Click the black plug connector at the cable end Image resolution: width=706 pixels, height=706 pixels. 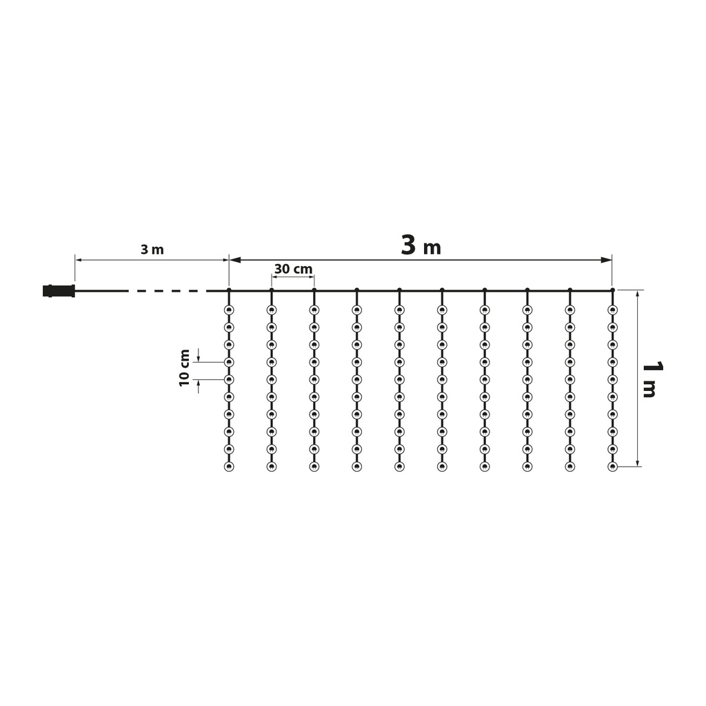click(x=59, y=291)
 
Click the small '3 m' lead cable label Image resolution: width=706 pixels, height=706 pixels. click(x=152, y=250)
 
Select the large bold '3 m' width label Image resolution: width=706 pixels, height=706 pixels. click(x=421, y=245)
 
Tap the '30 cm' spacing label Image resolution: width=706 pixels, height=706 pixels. click(x=293, y=269)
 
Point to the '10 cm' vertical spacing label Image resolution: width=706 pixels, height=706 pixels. click(x=185, y=368)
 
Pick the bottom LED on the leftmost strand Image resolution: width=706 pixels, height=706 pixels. click(x=229, y=467)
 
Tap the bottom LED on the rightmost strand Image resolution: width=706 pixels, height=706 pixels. click(x=612, y=467)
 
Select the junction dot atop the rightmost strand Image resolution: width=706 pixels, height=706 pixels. click(x=612, y=290)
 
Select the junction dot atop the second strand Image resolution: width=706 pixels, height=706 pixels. click(x=272, y=290)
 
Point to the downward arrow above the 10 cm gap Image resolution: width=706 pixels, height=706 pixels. click(x=199, y=357)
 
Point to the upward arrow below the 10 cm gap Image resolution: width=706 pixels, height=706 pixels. click(x=199, y=383)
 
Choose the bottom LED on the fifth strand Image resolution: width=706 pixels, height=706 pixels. click(x=399, y=467)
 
